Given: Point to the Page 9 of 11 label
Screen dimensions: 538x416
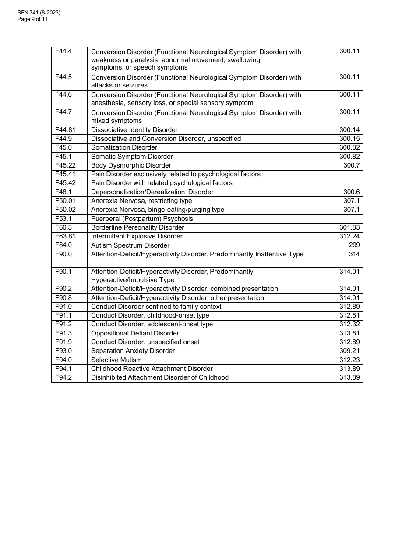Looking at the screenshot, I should [x=32, y=19].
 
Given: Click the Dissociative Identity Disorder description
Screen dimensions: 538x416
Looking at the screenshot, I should [x=134, y=130].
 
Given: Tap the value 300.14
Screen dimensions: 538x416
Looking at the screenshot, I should [x=349, y=130].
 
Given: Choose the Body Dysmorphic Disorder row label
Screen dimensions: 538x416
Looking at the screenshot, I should [x=131, y=165].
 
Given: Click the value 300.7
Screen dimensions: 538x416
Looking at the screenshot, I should [x=351, y=165].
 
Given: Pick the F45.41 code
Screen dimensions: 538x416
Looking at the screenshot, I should [x=65, y=174].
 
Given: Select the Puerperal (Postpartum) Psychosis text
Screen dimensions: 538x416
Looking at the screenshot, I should [x=142, y=219].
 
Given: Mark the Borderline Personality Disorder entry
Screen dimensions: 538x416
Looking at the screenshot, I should [x=137, y=227].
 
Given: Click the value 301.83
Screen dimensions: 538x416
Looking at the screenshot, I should [x=349, y=227].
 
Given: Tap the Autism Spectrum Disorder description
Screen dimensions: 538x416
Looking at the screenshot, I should [x=130, y=245].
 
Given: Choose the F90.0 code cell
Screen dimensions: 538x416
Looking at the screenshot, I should [x=63, y=254].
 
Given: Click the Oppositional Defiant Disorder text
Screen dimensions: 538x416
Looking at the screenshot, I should [x=135, y=333].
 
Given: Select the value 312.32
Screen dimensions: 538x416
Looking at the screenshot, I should [x=349, y=324].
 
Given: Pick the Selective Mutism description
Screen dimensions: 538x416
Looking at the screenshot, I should [x=116, y=360].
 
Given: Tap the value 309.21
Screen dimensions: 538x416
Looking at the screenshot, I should [x=349, y=351].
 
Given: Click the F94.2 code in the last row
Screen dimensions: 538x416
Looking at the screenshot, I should [x=63, y=377].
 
